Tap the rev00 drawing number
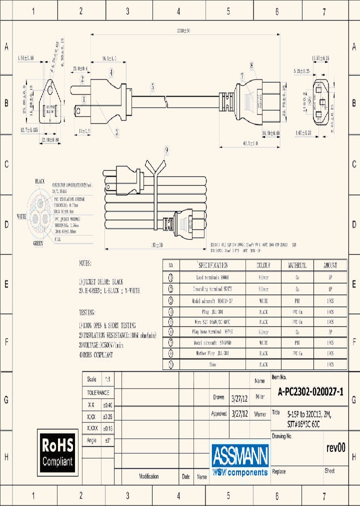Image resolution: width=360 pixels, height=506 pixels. pyautogui.click(x=335, y=448)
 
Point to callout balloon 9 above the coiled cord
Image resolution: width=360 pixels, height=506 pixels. pyautogui.click(x=166, y=149)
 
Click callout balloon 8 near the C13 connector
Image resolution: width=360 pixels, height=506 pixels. pyautogui.click(x=251, y=65)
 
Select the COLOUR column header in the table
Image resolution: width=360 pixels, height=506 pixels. pyautogui.click(x=263, y=265)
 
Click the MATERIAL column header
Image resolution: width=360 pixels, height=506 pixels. pyautogui.click(x=297, y=265)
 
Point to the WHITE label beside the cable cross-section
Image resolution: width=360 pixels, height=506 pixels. pyautogui.click(x=22, y=216)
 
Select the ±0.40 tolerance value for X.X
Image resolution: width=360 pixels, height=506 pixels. pyautogui.click(x=108, y=405)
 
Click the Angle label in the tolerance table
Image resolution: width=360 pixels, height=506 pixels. pyautogui.click(x=91, y=440)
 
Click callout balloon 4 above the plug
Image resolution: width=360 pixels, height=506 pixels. pyautogui.click(x=111, y=73)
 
